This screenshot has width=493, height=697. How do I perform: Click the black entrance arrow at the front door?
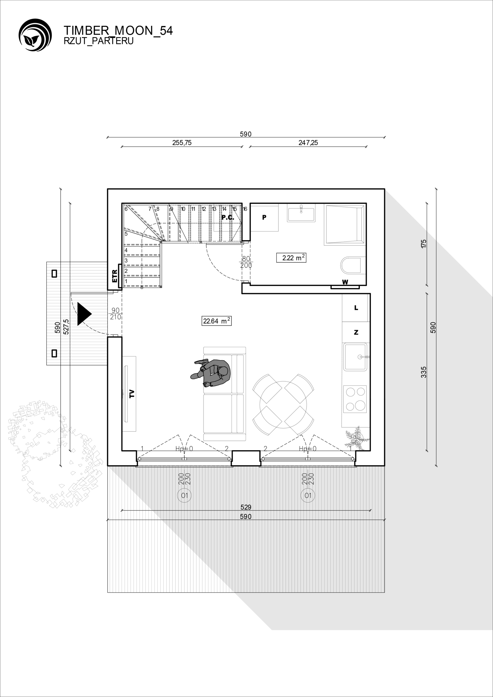coord(84,314)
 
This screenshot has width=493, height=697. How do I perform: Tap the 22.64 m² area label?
coord(217,321)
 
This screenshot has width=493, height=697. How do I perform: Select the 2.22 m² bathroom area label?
coord(291,258)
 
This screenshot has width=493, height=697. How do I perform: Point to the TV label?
coord(132,394)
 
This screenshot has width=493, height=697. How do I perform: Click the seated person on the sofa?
coord(211,373)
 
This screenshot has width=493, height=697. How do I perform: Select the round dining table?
coord(283,405)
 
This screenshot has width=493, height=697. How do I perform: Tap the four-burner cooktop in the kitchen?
coord(355,399)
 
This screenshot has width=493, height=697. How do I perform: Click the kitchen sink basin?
coord(355,357)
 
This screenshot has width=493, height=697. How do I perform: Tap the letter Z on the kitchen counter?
coord(356,332)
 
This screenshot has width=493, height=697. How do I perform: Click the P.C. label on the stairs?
coord(227,217)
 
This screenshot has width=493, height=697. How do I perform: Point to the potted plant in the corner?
coord(357,438)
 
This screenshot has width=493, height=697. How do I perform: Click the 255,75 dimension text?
coord(182,143)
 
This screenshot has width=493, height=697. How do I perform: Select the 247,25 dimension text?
coord(308,143)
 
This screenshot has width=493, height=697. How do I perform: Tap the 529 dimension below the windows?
coord(246,507)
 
